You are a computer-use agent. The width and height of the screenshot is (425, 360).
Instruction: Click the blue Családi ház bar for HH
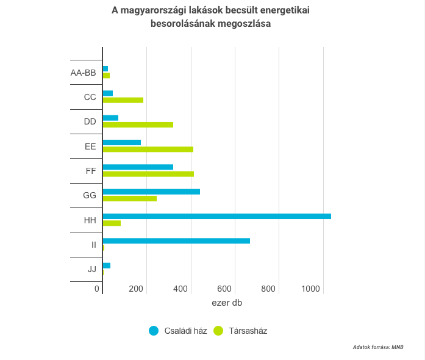[216, 216]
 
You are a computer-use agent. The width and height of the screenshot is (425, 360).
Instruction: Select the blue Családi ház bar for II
[176, 240]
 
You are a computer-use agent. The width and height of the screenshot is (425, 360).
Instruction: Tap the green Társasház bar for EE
[148, 149]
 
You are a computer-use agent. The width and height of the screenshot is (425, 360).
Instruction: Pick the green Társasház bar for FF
[148, 174]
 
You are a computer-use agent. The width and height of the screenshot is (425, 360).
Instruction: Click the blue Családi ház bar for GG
[151, 192]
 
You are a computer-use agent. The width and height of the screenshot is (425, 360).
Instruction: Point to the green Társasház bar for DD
[138, 124]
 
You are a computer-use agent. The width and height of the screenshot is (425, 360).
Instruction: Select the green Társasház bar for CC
[123, 100]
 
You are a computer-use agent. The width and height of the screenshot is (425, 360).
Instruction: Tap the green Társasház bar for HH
[112, 223]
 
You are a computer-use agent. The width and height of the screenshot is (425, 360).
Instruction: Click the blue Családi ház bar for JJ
[107, 265]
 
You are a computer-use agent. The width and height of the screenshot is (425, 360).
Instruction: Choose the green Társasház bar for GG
[129, 198]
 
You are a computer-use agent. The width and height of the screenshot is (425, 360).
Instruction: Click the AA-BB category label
[84, 73]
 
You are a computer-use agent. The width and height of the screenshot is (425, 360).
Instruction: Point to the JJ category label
[91, 269]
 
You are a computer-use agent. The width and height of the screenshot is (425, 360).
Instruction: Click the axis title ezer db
[227, 303]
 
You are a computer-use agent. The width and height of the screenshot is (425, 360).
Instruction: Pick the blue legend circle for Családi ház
[154, 331]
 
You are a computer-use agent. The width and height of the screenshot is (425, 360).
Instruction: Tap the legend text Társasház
[248, 331]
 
